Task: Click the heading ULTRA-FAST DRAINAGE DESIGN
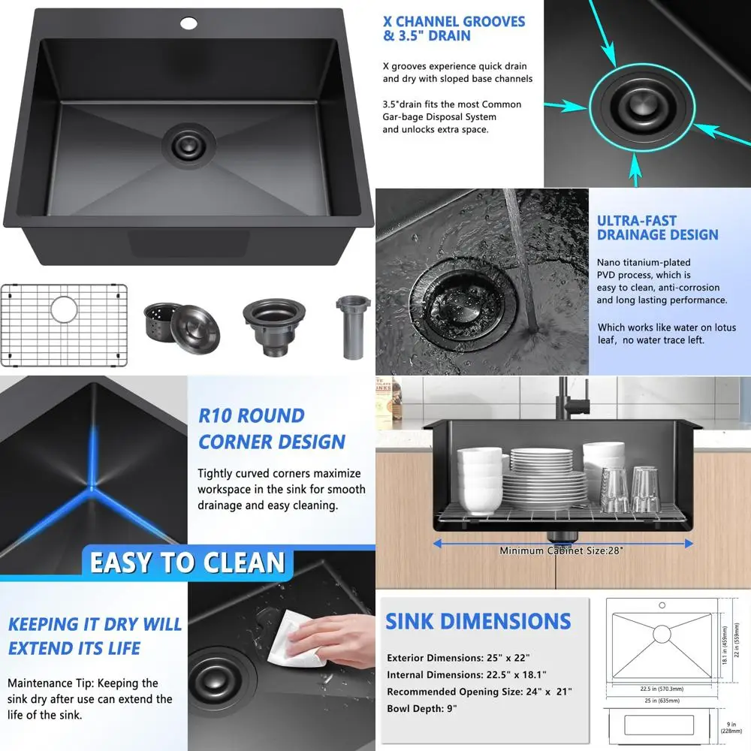click(657, 228)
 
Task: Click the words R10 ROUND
click(251, 416)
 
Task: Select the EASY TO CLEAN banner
click(188, 562)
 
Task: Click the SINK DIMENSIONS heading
click(478, 621)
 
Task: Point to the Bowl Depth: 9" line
click(421, 708)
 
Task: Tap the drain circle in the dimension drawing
click(662, 634)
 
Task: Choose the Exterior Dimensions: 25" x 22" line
click(463, 658)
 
